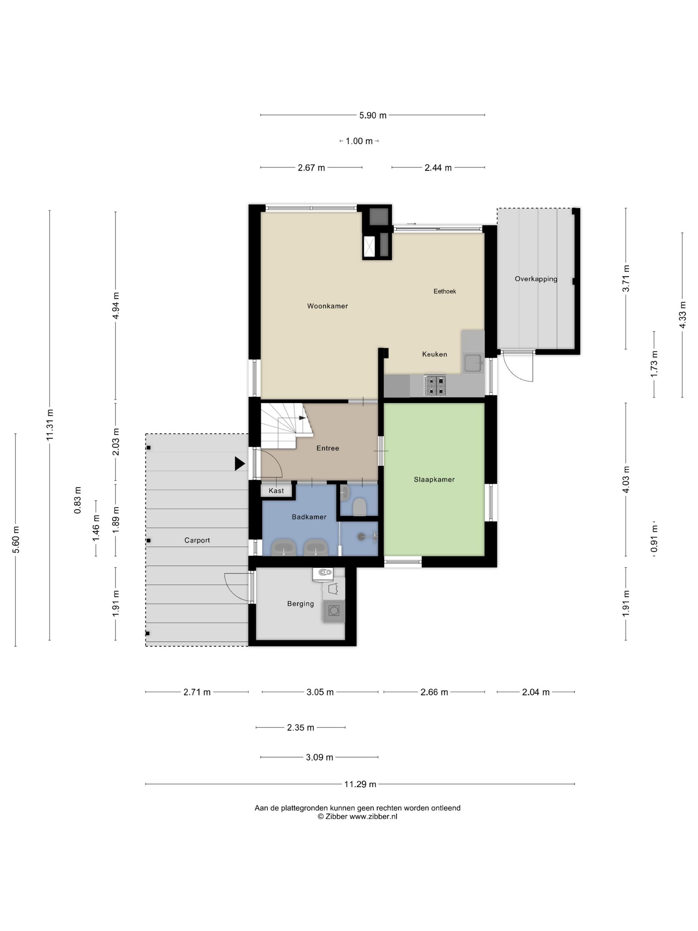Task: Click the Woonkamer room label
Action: (327, 306)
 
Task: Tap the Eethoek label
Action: (445, 291)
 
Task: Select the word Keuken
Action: (435, 354)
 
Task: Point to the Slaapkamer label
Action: (434, 479)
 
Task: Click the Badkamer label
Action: (309, 517)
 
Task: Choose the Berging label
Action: (300, 604)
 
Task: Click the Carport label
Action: (197, 540)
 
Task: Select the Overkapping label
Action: (536, 279)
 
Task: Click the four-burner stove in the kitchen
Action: (435, 385)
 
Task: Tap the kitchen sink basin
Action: (473, 363)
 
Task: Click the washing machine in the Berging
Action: (334, 611)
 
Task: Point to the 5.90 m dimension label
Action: (373, 115)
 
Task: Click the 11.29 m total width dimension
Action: (360, 784)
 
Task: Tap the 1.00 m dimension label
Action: (359, 141)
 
